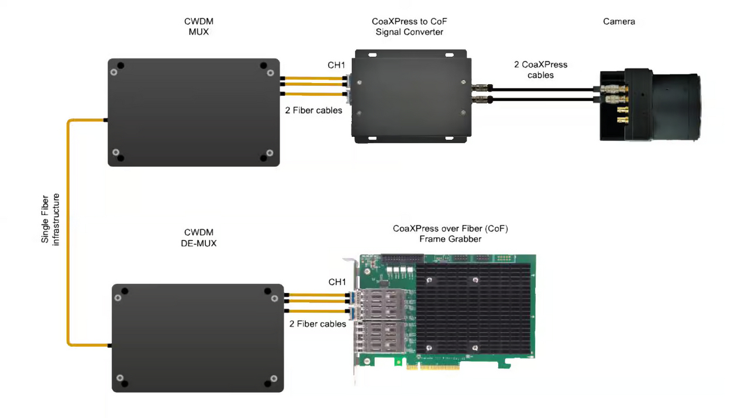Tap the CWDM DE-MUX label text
(199, 237)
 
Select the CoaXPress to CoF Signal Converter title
(409, 27)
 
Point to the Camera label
(619, 22)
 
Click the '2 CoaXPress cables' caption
(540, 70)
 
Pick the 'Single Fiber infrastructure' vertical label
(51, 219)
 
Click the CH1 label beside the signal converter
(336, 65)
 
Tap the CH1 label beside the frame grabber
(337, 282)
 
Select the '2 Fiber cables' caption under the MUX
(313, 110)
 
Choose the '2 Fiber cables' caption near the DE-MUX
(318, 323)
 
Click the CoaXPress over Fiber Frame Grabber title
(450, 233)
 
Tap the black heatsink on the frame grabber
(474, 310)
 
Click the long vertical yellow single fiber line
(68, 234)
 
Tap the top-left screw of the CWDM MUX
(119, 65)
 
